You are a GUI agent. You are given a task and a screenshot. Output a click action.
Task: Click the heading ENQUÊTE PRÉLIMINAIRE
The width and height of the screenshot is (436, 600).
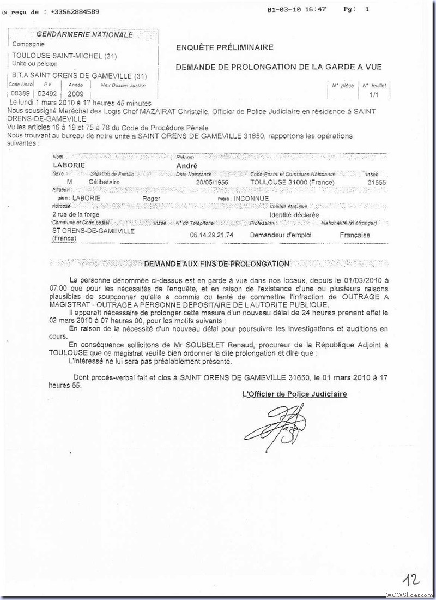click(225, 47)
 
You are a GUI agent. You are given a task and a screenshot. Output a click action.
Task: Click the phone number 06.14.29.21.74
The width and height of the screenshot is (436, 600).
click(212, 235)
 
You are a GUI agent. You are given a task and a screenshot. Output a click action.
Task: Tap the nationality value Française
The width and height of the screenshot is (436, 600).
click(355, 235)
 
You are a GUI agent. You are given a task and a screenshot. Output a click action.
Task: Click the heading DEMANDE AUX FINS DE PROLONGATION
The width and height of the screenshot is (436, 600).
click(216, 264)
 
